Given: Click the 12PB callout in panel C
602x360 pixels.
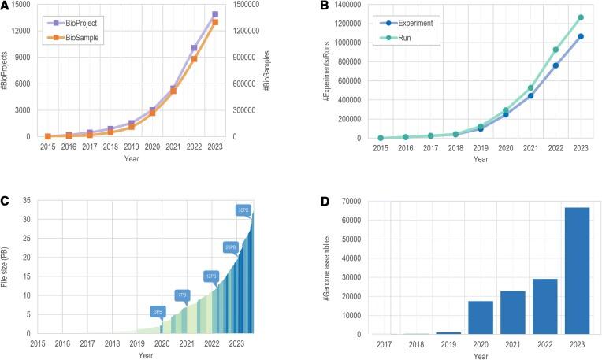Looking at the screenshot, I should point(211,276).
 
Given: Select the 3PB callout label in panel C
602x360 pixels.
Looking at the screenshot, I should point(158,311).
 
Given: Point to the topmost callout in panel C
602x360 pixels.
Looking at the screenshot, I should point(243,210).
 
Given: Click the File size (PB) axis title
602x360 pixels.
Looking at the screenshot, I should point(7,265).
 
